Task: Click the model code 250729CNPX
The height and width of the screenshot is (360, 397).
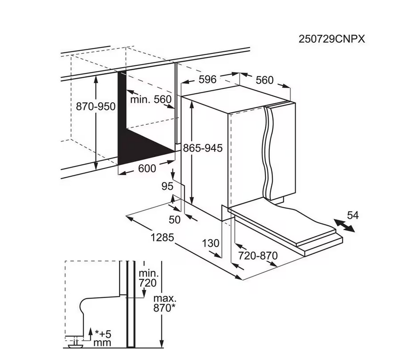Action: pyautogui.click(x=332, y=39)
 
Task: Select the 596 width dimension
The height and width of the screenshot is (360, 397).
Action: pyautogui.click(x=207, y=79)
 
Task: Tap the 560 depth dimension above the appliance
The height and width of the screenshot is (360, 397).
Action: pyautogui.click(x=265, y=80)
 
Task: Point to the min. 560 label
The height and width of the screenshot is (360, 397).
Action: pyautogui.click(x=151, y=99)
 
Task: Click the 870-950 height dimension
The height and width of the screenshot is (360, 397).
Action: pyautogui.click(x=96, y=107)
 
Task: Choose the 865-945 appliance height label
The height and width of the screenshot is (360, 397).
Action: pyautogui.click(x=203, y=148)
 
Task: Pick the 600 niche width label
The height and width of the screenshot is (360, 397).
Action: pyautogui.click(x=147, y=168)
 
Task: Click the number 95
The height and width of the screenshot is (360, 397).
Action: pyautogui.click(x=168, y=186)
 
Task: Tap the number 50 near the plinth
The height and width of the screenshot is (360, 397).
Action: pyautogui.click(x=174, y=219)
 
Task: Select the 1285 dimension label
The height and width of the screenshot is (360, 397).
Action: pyautogui.click(x=162, y=238)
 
